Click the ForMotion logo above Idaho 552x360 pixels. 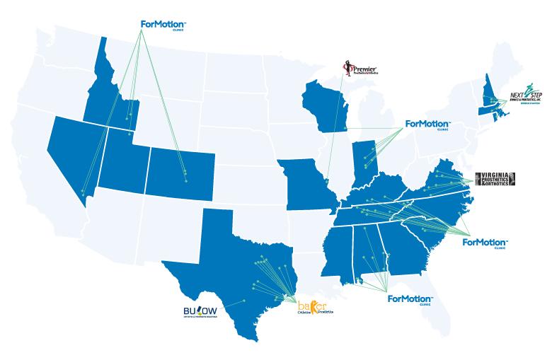tap(163, 25)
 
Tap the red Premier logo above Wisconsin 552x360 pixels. tap(360, 69)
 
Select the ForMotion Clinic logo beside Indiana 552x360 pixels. tap(427, 125)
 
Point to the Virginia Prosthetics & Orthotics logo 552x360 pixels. tap(495, 180)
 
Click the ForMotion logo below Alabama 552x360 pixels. tap(410, 299)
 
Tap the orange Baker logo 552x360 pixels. tap(312, 307)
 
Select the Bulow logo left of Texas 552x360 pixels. tap(200, 311)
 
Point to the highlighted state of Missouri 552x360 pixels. tap(308, 184)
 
